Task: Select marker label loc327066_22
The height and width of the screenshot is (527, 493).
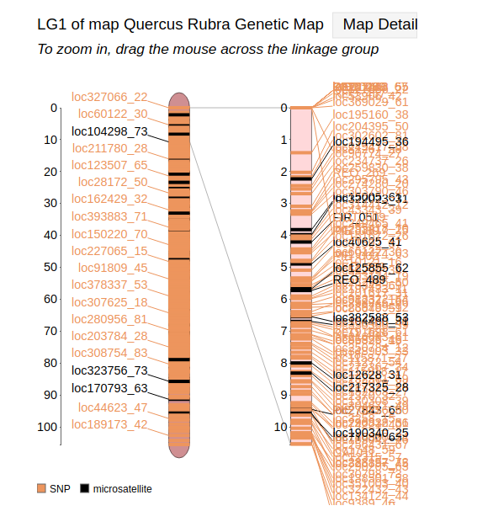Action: (x=109, y=98)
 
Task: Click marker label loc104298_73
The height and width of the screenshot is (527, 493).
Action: (x=109, y=131)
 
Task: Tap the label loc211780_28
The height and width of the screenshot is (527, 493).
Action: (x=109, y=148)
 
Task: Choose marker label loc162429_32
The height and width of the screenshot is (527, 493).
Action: (x=109, y=199)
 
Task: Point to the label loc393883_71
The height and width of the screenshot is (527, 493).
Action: (x=109, y=216)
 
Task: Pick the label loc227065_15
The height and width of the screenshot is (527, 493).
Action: (x=109, y=250)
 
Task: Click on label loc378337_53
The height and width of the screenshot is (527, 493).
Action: (x=109, y=285)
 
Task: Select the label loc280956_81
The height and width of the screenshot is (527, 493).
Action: (x=109, y=319)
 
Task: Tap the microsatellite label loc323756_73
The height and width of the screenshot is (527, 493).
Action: (x=109, y=370)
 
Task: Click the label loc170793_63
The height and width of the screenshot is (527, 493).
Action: (x=109, y=388)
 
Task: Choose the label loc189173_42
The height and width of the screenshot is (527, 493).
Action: (x=109, y=424)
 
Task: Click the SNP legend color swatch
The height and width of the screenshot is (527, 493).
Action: (x=41, y=488)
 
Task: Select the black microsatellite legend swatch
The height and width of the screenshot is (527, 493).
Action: (x=84, y=488)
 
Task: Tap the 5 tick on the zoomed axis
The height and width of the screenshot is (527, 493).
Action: (x=283, y=267)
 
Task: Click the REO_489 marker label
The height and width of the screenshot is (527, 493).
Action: (x=359, y=279)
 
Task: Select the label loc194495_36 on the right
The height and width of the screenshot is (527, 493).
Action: (x=371, y=141)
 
